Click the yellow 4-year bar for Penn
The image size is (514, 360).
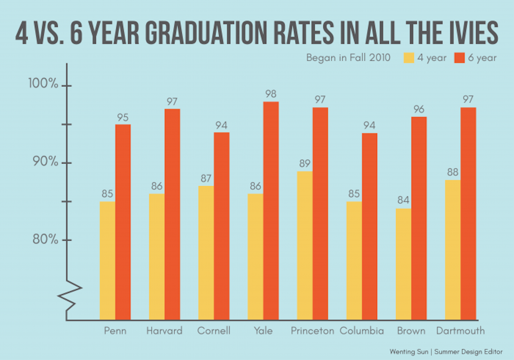click(x=107, y=261)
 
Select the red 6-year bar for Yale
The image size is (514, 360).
click(x=271, y=211)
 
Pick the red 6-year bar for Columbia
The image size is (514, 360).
click(x=370, y=226)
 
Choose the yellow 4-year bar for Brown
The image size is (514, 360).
click(x=403, y=264)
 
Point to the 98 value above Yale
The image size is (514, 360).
click(x=271, y=94)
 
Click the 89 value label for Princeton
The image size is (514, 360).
click(x=305, y=163)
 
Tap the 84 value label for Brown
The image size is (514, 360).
click(x=403, y=200)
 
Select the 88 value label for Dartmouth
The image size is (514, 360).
click(x=453, y=172)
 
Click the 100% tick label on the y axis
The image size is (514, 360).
click(x=43, y=83)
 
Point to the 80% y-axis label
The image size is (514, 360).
click(x=45, y=240)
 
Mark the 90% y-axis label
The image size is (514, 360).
click(x=45, y=161)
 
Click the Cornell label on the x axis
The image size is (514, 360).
click(x=214, y=331)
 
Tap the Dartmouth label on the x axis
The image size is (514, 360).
click(x=460, y=331)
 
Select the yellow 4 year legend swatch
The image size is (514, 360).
click(x=409, y=58)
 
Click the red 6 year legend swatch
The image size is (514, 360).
click(x=459, y=58)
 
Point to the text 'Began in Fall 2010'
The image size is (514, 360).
click(x=348, y=58)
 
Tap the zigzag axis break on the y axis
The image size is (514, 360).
click(x=70, y=296)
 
